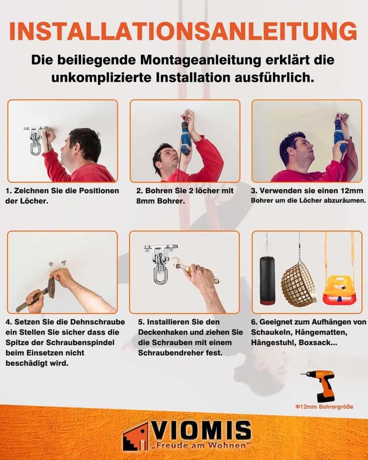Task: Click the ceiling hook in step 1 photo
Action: (34, 140)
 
